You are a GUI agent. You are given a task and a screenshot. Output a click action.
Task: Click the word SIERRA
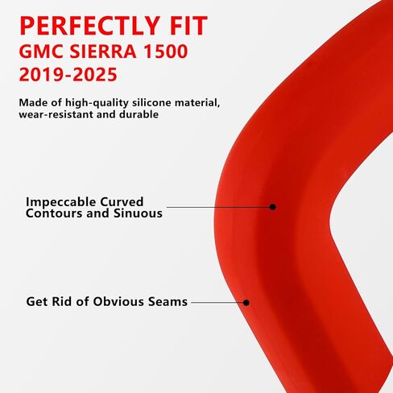[x=103, y=52]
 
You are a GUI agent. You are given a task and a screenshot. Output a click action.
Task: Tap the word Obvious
[x=118, y=301]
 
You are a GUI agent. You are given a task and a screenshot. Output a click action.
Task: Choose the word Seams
[x=168, y=301]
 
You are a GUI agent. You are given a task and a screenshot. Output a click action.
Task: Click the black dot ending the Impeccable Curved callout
[x=273, y=207]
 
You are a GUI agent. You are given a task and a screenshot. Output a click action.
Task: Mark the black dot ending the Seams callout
[x=246, y=303]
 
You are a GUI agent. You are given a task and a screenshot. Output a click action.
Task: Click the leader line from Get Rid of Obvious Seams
[x=217, y=303]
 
